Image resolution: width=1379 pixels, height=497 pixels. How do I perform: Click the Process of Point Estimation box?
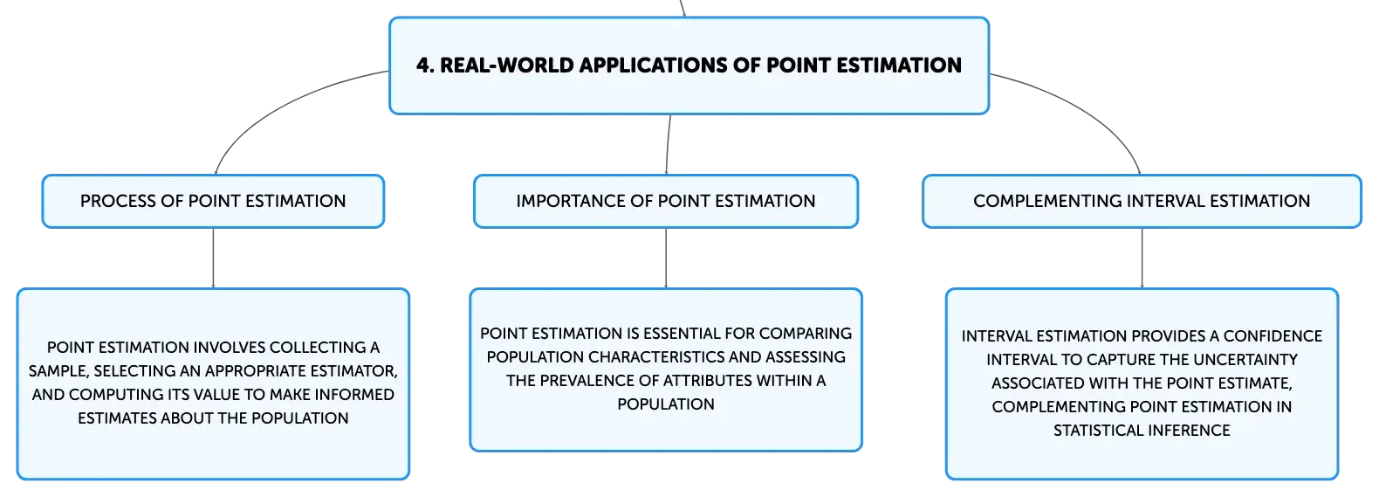[x=213, y=202]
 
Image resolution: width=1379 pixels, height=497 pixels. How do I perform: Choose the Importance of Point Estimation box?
[x=665, y=202]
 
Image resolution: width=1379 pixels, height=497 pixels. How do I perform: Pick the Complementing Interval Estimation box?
[x=1142, y=202]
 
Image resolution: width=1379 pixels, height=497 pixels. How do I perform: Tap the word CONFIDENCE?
[x=1273, y=336]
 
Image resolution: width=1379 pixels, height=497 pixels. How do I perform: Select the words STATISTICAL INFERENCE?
[x=1142, y=431]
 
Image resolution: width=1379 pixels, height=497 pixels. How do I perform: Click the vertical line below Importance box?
[x=665, y=258]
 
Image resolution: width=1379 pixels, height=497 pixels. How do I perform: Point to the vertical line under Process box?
[x=213, y=258]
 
